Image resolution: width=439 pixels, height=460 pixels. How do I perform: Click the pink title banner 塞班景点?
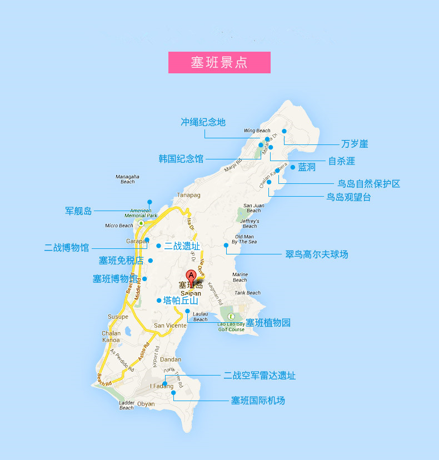[x=219, y=62]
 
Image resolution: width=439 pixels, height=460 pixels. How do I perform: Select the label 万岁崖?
[x=355, y=144]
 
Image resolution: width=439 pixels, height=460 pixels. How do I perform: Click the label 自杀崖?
[x=341, y=161]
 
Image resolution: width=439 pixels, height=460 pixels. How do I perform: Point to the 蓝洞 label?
[x=307, y=167]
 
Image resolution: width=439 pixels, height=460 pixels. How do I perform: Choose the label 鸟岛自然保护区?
[x=369, y=183]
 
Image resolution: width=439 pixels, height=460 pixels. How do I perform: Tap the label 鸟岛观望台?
[x=348, y=197]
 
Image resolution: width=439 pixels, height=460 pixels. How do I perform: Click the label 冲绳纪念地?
[x=203, y=122]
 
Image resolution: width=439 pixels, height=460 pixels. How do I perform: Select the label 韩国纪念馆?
[x=181, y=159]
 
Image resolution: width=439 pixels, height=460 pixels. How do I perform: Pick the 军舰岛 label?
[x=78, y=211]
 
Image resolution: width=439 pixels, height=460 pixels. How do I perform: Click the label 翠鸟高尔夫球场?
[x=317, y=254]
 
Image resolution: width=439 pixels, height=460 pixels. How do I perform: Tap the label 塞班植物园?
[x=268, y=322]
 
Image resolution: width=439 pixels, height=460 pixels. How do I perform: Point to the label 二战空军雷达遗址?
[x=260, y=376]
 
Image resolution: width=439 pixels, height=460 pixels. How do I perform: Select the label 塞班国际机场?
[x=258, y=400]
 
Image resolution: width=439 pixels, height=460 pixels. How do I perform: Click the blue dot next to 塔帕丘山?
[x=159, y=301]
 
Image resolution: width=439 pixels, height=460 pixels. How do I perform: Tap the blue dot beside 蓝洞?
[x=293, y=167]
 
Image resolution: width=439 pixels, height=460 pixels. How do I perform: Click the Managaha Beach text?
[x=127, y=179]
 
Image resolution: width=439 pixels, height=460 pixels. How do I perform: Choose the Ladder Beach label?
[x=127, y=405]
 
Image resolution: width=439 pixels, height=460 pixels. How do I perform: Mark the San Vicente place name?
[x=170, y=326]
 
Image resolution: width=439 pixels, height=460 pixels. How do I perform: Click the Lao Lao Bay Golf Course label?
[x=231, y=327]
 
